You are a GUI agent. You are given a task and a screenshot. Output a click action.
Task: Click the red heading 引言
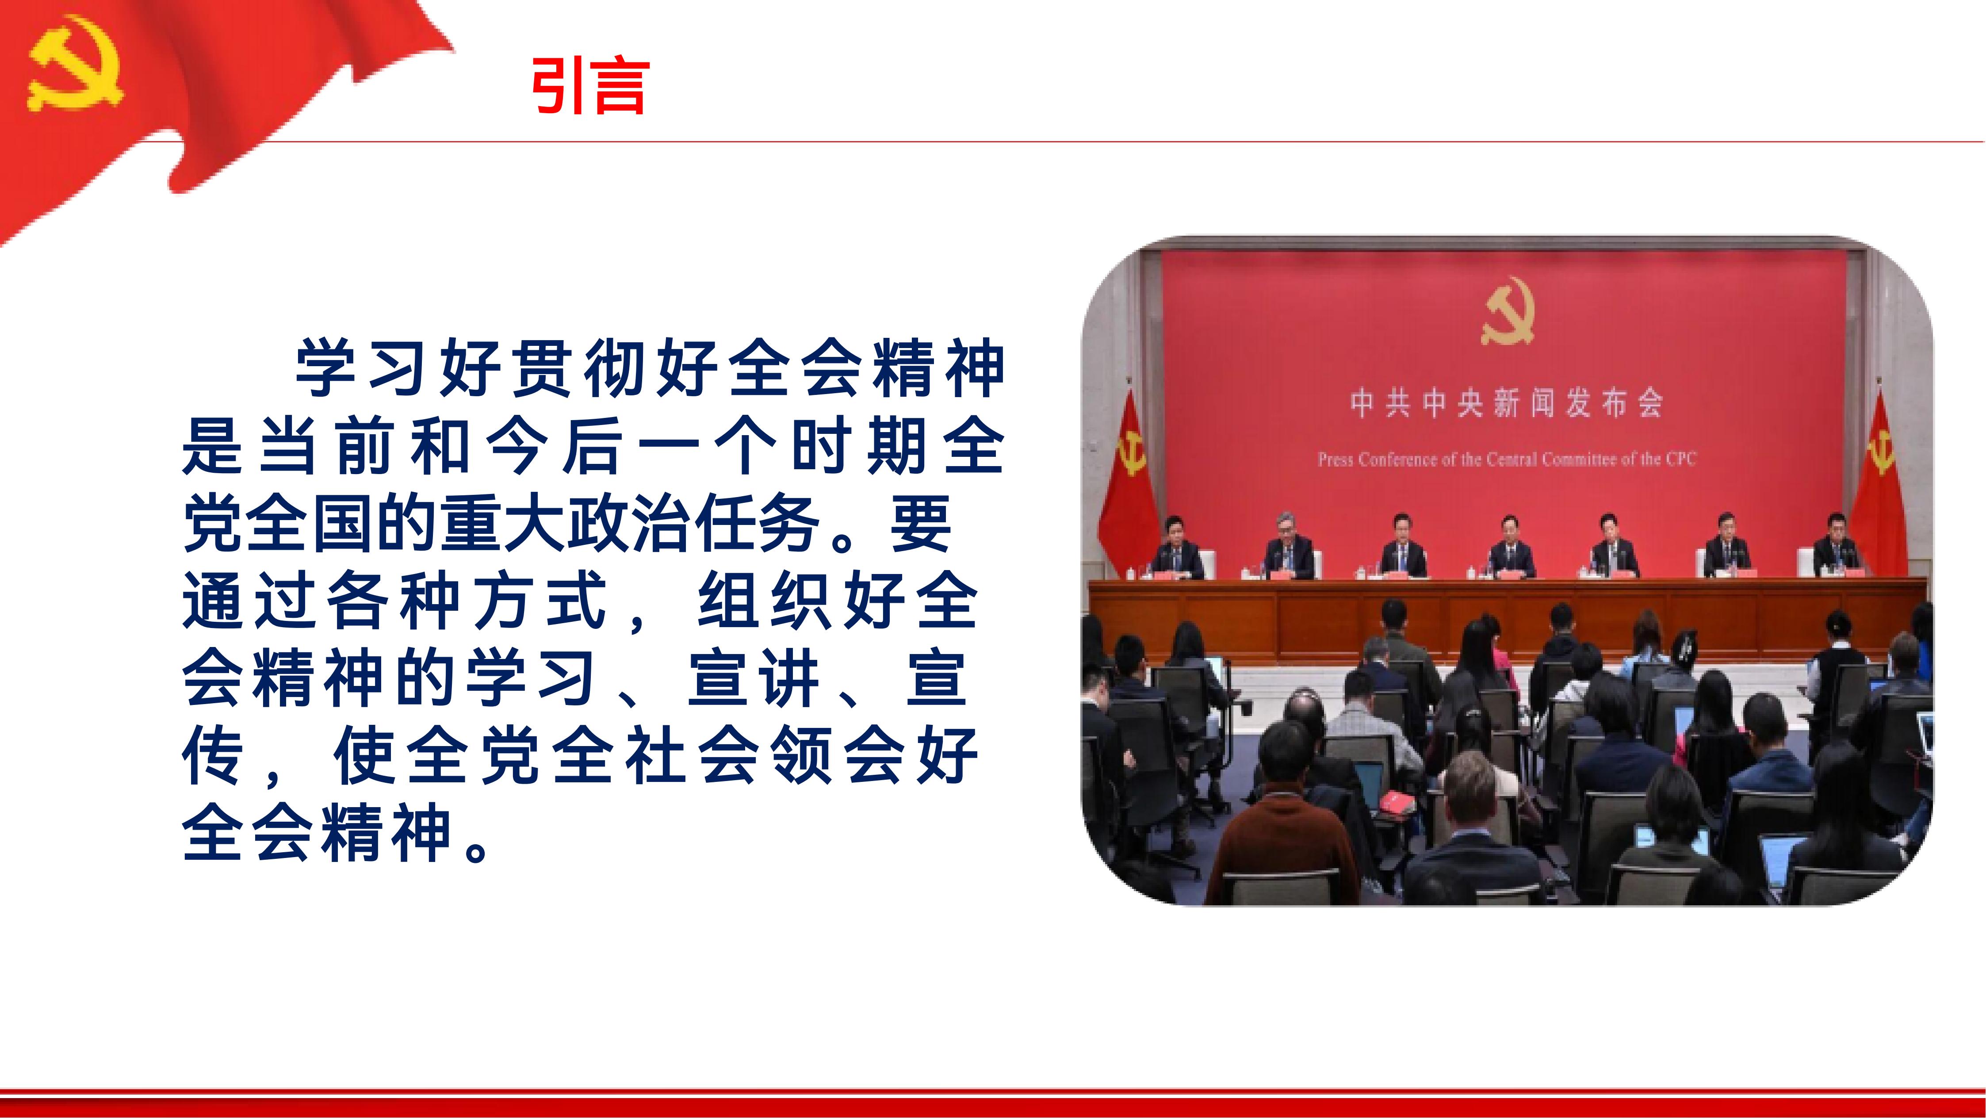pos(590,86)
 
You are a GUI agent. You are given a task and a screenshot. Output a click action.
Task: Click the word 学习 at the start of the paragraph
pos(362,368)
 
